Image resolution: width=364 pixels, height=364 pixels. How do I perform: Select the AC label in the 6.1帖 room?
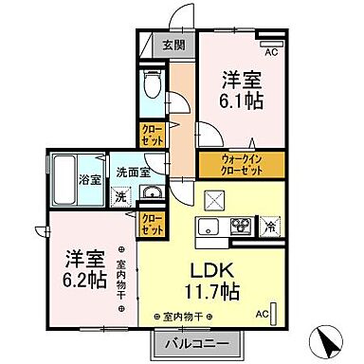point(269,52)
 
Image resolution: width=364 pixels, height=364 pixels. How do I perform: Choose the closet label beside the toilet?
point(151,136)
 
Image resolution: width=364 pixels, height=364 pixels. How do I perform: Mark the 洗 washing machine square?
point(120,197)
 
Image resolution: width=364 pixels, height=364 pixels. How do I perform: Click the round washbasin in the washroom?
point(149,193)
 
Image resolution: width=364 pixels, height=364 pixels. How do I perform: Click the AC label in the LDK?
point(263,313)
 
